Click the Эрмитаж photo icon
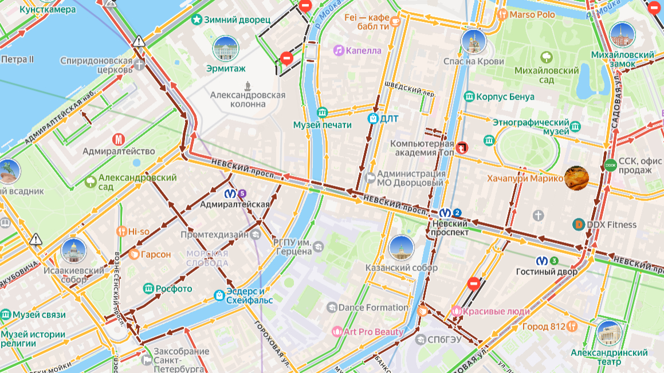pos(225,49)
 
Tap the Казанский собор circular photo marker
pos(401,248)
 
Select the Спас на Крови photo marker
pos(473,41)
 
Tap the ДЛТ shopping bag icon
pos(373,119)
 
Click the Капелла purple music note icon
pos(339,50)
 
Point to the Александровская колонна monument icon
pos(247,85)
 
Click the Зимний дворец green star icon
pos(197,20)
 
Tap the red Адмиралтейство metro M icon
pos(119,139)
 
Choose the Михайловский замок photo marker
pos(622,36)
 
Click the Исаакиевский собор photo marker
pos(73,251)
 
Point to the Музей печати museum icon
pos(322,112)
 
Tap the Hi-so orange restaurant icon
pos(121,231)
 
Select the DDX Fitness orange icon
pos(579,225)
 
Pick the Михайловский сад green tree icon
pos(546,57)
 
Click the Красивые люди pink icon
pos(457,311)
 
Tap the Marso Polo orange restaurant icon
pos(502,14)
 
